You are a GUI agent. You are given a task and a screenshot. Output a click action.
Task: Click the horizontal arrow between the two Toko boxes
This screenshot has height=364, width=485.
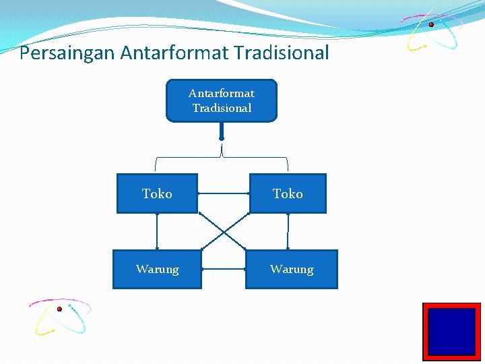coord(224,193)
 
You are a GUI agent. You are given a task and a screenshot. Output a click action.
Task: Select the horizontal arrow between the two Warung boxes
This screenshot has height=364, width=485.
coord(224,269)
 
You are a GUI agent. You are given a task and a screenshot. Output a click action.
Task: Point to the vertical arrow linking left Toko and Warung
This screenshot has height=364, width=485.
coord(157,231)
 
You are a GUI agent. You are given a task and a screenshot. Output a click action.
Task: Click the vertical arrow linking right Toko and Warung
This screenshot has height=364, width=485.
coord(288,231)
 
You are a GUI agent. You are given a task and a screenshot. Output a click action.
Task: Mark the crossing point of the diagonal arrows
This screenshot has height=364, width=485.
coord(224,232)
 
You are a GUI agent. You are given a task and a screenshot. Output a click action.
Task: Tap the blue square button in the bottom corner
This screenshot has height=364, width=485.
coord(451,331)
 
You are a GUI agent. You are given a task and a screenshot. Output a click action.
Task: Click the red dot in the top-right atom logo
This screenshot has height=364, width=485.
coord(431,24)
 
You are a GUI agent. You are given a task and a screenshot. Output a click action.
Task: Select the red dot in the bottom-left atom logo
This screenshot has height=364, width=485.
coord(59,309)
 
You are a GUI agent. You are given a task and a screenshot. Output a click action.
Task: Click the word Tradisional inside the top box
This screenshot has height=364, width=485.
coord(222,108)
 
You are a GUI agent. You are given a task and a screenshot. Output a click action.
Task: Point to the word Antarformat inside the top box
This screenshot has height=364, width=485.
coord(222,93)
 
